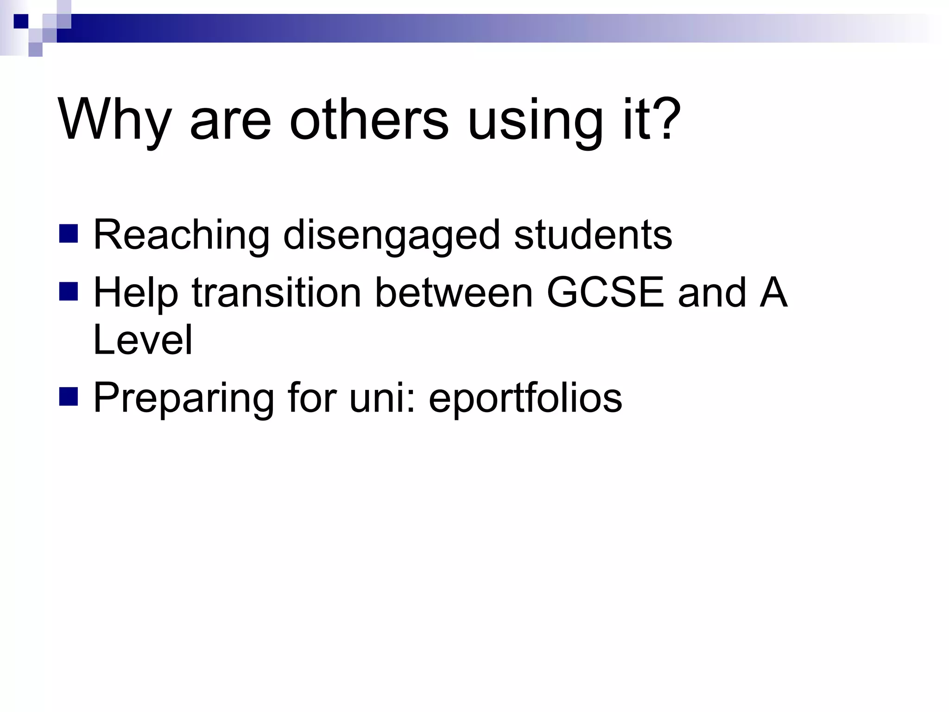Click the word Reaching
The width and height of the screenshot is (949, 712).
coord(181,235)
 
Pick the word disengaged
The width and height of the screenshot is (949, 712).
coord(391,235)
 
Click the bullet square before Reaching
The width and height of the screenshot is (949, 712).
coord(69,234)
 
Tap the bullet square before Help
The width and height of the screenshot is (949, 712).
coord(69,292)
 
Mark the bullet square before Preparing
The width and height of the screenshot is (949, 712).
coord(69,397)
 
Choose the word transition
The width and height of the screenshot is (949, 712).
coord(276,292)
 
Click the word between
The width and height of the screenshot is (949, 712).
coord(454,292)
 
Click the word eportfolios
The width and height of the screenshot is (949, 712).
coord(525,398)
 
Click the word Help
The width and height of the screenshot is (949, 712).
coord(136,293)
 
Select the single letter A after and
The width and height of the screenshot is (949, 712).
coord(773,292)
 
